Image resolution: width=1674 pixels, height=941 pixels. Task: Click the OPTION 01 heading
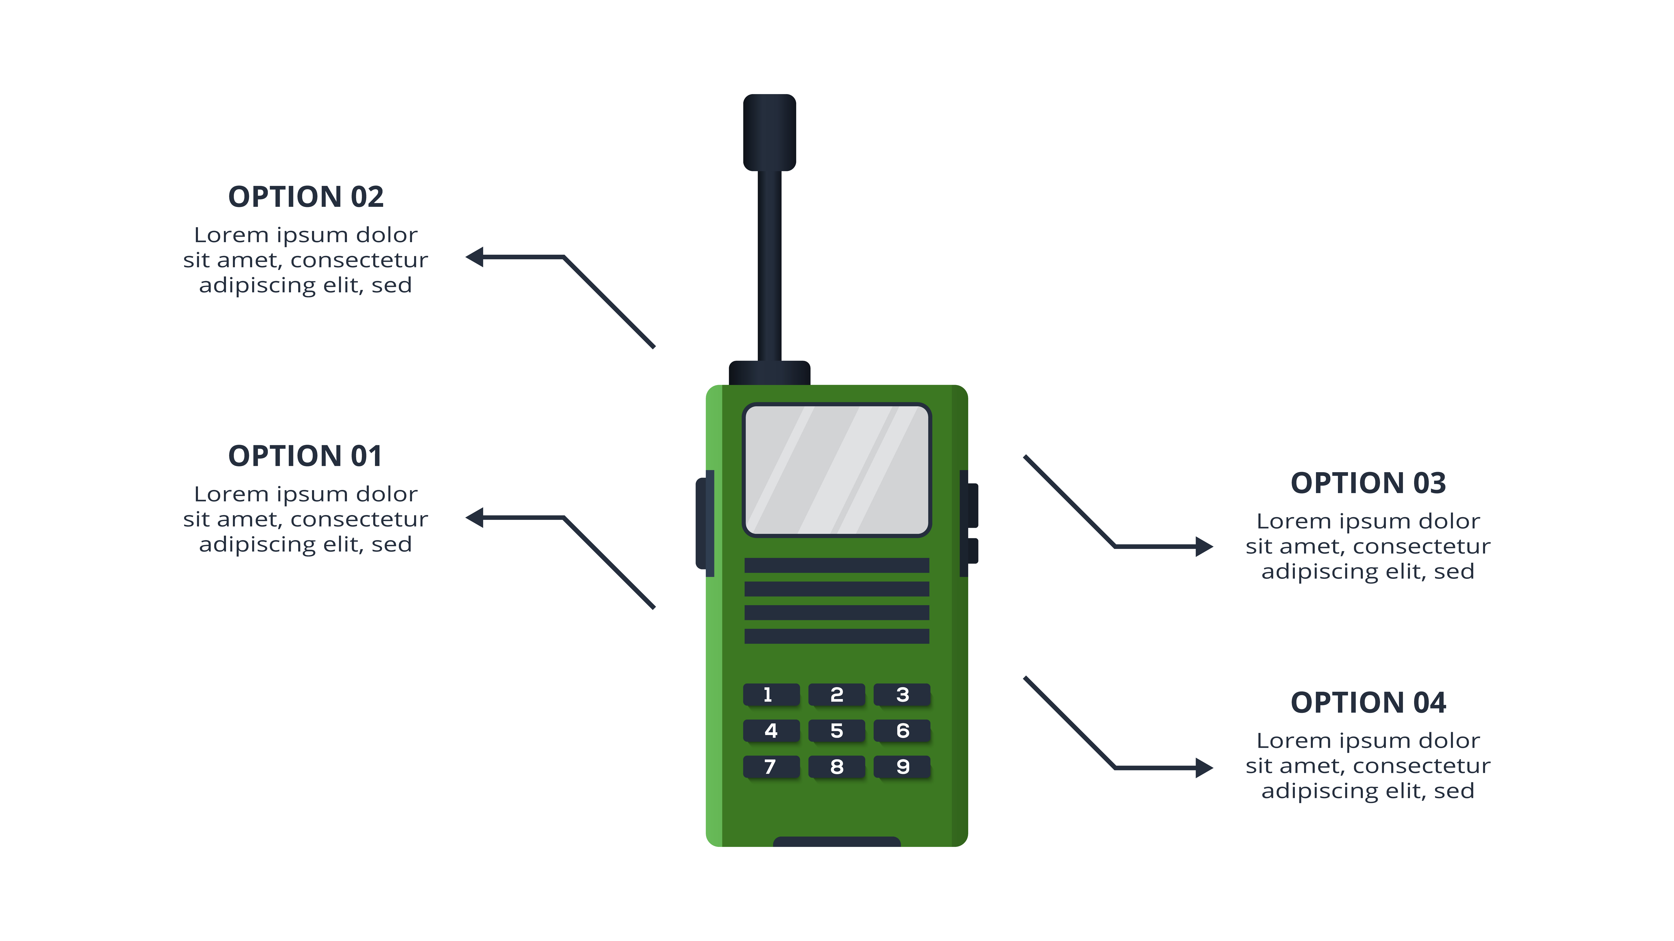tap(306, 456)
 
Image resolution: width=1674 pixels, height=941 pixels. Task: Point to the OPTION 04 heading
tap(1368, 703)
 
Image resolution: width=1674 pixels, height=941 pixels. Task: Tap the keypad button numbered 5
tap(836, 731)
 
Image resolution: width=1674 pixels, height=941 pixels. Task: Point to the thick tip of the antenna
tap(769, 133)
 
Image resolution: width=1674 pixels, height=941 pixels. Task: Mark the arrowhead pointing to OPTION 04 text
tap(1204, 768)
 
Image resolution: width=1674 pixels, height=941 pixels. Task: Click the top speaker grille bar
tap(837, 565)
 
